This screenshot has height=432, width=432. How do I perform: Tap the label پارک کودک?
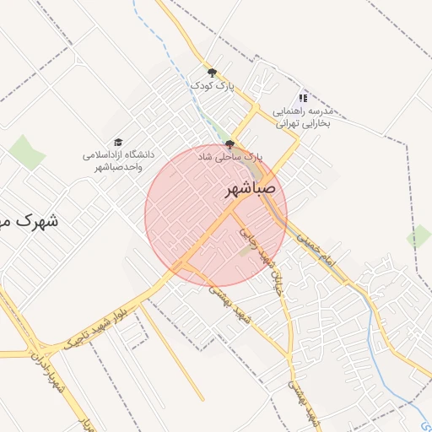click(211, 86)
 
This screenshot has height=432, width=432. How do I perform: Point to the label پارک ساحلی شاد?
click(230, 157)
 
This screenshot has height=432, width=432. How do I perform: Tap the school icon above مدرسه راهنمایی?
click(303, 98)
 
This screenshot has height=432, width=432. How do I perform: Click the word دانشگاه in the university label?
click(130, 155)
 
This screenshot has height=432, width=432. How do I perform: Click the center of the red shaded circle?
click(216, 215)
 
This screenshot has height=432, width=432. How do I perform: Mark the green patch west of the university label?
click(27, 153)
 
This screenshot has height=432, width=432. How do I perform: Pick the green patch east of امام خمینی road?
click(418, 236)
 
